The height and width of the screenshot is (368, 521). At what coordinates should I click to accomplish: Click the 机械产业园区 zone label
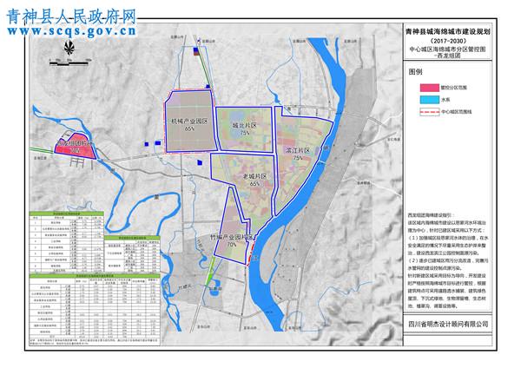point(188,121)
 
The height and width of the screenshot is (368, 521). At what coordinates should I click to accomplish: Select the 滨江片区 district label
point(299,150)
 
